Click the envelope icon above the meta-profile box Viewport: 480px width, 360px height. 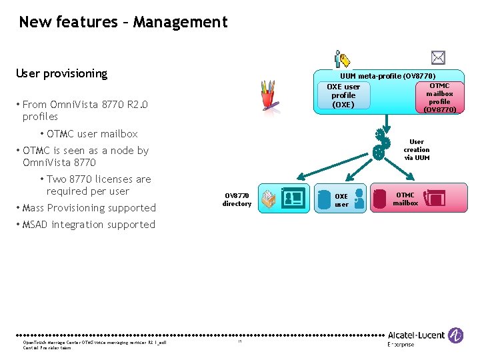click(438, 57)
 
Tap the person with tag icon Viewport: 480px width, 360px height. click(342, 59)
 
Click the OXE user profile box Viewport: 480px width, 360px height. click(343, 96)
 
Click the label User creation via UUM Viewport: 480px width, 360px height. click(417, 150)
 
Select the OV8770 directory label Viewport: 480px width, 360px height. click(237, 200)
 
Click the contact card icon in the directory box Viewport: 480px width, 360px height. click(293, 198)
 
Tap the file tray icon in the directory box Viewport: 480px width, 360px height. click(269, 199)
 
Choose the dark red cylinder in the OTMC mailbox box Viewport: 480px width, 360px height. click(379, 199)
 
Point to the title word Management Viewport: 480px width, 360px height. click(180, 22)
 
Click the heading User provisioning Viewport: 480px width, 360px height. click(61, 73)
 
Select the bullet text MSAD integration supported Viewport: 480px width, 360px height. click(88, 225)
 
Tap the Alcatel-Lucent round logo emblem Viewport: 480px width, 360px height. click(456, 335)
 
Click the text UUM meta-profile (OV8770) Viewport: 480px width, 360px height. click(387, 76)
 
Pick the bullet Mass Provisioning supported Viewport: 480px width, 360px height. click(89, 208)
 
